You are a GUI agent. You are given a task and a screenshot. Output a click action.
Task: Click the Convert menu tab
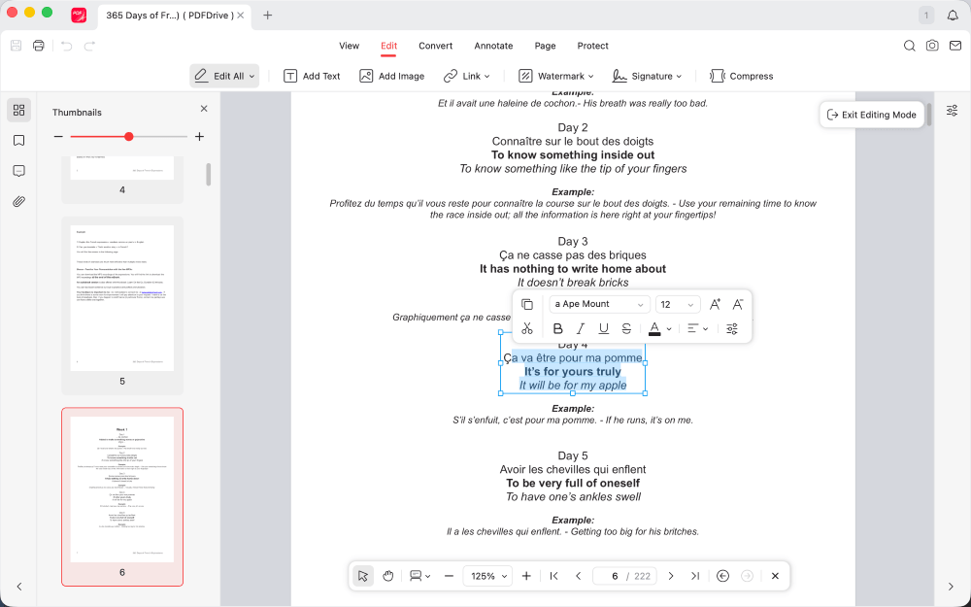coord(435,46)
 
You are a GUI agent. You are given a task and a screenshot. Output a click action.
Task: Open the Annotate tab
coord(493,46)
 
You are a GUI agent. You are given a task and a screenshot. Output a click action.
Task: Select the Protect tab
coord(592,46)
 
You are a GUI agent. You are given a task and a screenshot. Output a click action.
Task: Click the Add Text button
coord(312,76)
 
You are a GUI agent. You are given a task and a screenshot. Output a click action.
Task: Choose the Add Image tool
coord(391,76)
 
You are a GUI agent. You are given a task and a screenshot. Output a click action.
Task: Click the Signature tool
coord(646,76)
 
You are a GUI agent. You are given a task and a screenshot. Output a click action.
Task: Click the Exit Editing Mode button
coord(871,115)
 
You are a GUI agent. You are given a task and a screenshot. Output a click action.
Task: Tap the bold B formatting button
coord(558,329)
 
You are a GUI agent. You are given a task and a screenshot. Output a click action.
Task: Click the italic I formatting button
coord(581,329)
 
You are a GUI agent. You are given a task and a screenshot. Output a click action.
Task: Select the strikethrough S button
coord(626,329)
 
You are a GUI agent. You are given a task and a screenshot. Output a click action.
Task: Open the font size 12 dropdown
coord(678,304)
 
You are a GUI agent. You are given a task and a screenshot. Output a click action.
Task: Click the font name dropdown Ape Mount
coord(598,304)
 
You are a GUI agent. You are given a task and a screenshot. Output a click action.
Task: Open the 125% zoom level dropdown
coord(487,576)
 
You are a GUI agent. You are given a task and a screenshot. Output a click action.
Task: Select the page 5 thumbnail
coord(122,296)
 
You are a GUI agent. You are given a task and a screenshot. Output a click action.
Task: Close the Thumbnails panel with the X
coord(204,109)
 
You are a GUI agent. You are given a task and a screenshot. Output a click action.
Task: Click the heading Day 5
coord(573,455)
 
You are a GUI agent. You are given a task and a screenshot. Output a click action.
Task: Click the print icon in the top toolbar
coord(39,46)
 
